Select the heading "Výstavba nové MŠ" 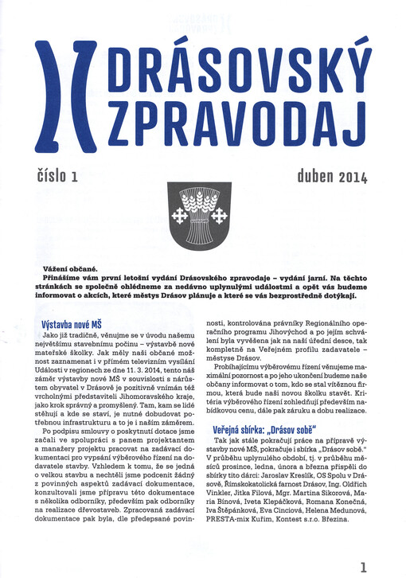[74, 325]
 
